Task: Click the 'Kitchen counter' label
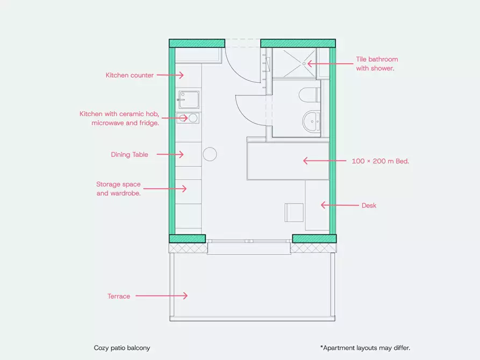[130, 75]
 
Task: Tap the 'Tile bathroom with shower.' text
[377, 64]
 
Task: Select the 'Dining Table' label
[130, 155]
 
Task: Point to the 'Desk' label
[369, 205]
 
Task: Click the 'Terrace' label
[119, 296]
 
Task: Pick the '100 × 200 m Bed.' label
[380, 161]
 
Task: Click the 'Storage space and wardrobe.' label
[118, 189]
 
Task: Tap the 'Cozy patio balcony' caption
[122, 348]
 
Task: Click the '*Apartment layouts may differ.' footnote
[365, 348]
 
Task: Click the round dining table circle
[210, 147]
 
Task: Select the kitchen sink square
[189, 99]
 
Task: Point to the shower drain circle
[304, 64]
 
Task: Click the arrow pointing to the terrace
[162, 296]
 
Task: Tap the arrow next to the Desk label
[340, 205]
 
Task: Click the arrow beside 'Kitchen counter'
[170, 75]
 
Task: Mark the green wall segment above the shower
[298, 43]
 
